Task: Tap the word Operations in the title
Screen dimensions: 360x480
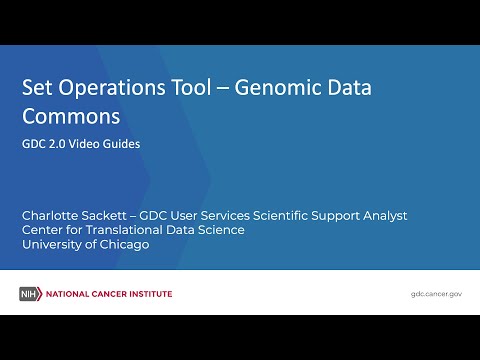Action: [113, 88]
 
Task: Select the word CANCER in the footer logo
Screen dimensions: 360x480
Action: [109, 294]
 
